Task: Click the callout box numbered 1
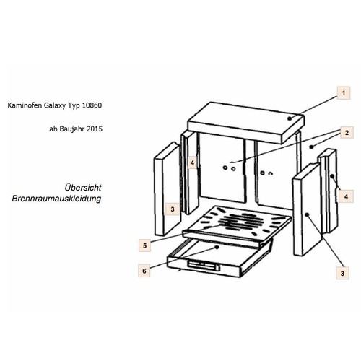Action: [x=344, y=93]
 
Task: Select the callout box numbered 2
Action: [x=347, y=132]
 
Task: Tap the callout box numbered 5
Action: [x=144, y=245]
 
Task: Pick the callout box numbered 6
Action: [x=144, y=271]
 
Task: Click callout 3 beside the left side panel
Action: [x=173, y=209]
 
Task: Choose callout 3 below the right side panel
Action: [x=342, y=273]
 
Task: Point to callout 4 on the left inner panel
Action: [x=192, y=162]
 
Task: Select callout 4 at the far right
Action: [x=346, y=196]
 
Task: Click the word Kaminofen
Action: [x=25, y=105]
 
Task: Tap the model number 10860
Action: [x=92, y=105]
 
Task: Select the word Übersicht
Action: [x=83, y=188]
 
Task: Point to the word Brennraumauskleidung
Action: [x=56, y=199]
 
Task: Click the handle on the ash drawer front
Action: [x=204, y=266]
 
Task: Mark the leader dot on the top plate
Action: [x=290, y=118]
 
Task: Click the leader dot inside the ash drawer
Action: [x=217, y=247]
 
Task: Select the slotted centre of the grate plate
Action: [x=240, y=221]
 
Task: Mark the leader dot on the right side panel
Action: [x=308, y=214]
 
